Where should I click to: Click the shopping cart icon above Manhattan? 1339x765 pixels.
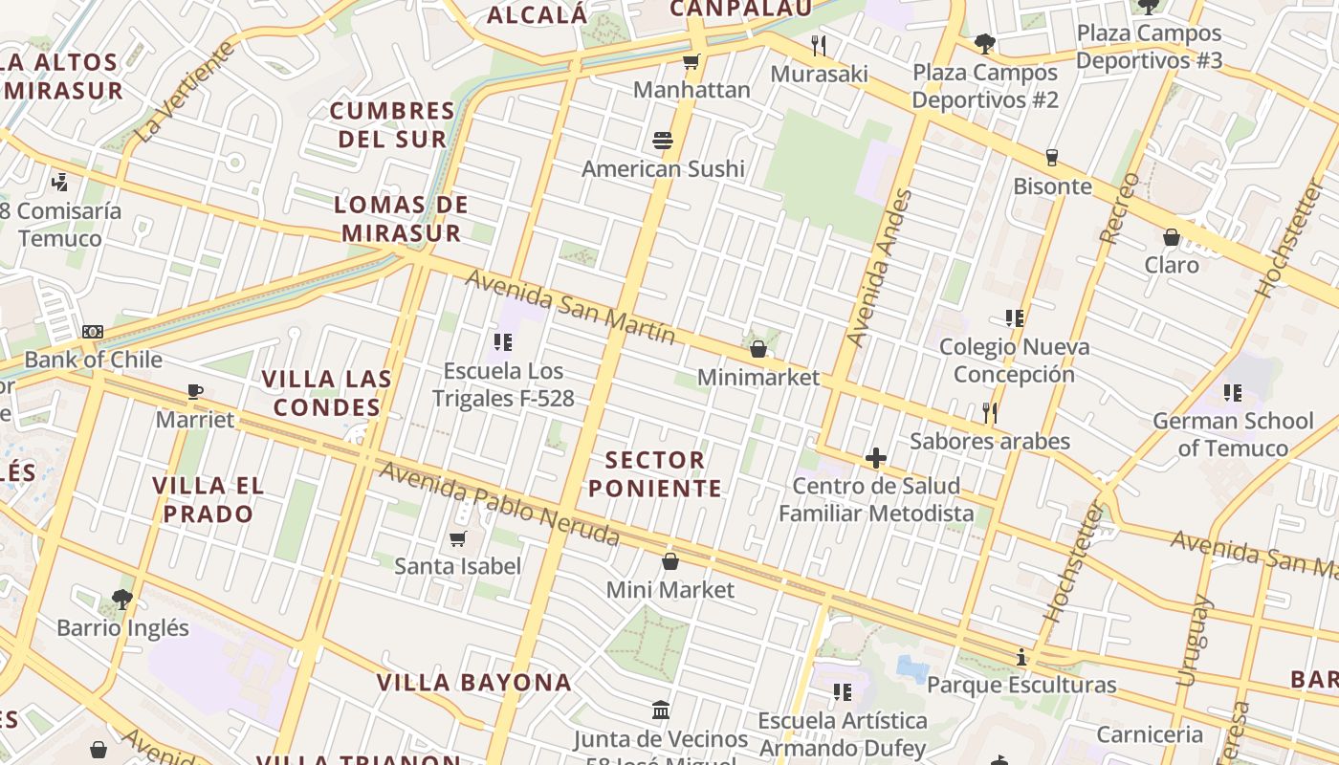point(691,62)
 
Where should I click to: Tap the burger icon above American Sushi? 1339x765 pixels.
point(663,141)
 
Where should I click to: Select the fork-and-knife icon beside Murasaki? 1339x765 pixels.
point(818,45)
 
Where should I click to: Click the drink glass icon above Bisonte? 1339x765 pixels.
point(1052,158)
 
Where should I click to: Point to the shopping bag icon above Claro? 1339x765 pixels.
point(1172,237)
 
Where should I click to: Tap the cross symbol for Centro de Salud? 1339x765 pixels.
point(875,458)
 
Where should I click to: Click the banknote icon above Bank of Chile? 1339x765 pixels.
point(92,332)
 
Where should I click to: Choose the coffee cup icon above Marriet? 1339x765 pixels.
point(195,391)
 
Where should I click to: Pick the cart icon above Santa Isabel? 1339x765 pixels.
point(458,538)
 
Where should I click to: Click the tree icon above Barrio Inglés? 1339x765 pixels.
point(121,600)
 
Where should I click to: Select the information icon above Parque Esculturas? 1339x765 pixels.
point(1021,657)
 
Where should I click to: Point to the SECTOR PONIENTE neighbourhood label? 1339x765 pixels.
point(655,474)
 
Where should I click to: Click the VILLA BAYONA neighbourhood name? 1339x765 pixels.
point(473,683)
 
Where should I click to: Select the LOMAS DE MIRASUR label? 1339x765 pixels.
point(402,218)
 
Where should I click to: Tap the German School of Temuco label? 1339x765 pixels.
point(1233,434)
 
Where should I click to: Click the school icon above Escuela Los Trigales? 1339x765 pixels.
point(503,341)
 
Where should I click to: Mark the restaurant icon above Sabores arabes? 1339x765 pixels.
point(990,413)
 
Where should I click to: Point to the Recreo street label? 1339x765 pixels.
point(1120,208)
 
